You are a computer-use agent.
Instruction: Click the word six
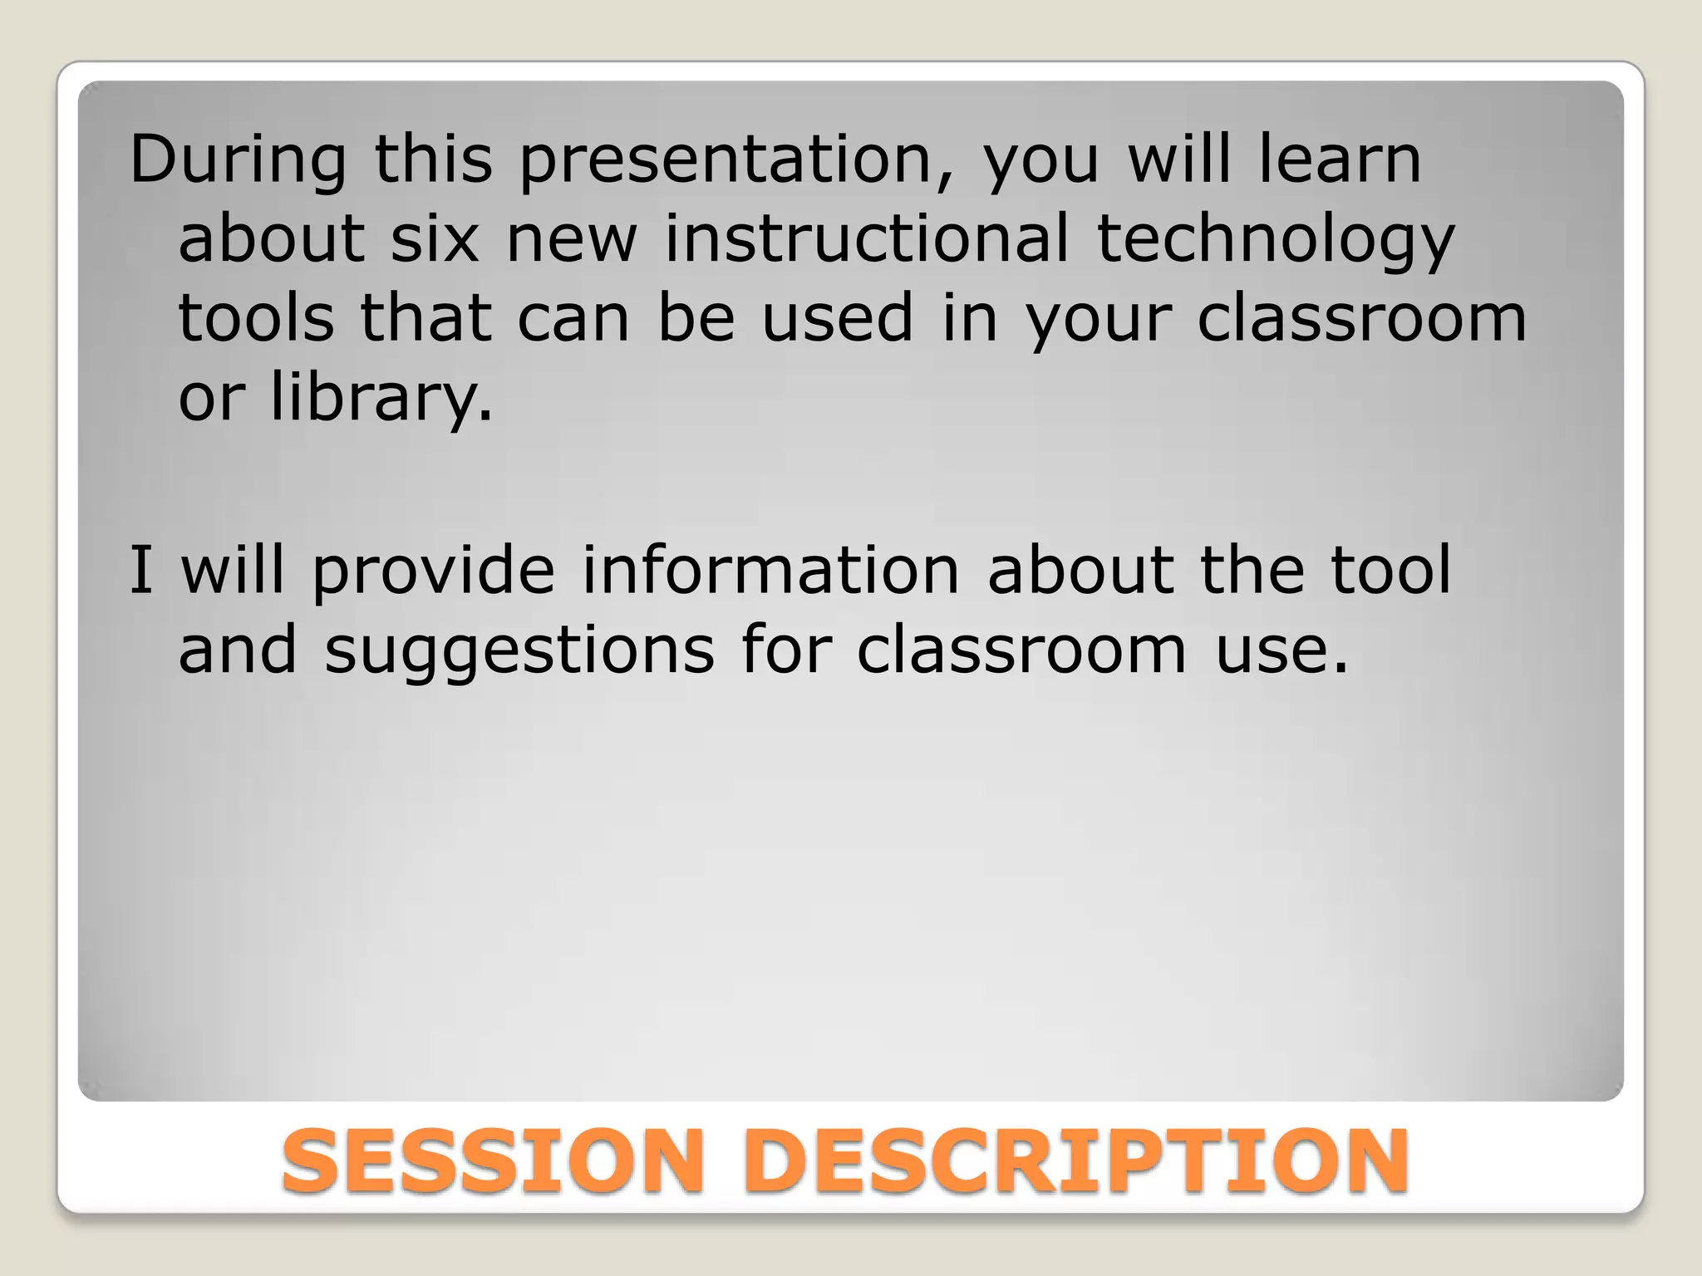[x=435, y=239]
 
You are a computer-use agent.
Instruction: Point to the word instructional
[x=867, y=239]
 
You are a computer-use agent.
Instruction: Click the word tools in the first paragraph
[x=256, y=319]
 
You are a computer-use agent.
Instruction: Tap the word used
[x=838, y=319]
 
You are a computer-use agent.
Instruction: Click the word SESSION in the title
[x=492, y=1161]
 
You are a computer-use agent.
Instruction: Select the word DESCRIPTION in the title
[x=1075, y=1161]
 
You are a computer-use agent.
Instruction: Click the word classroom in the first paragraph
[x=1360, y=319]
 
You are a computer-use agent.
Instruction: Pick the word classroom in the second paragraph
[x=1021, y=651]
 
